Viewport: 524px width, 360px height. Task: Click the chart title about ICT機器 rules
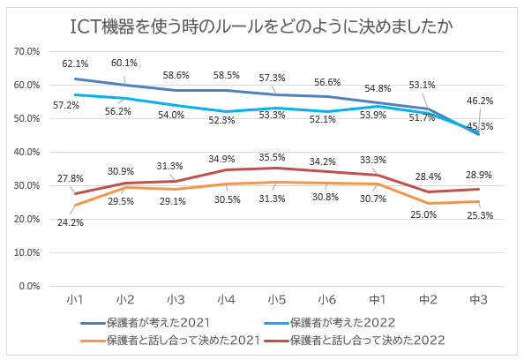click(262, 26)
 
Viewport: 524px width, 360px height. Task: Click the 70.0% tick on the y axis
click(29, 52)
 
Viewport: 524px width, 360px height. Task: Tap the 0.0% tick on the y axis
click(32, 286)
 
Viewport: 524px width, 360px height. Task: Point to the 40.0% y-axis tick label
click(29, 153)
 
